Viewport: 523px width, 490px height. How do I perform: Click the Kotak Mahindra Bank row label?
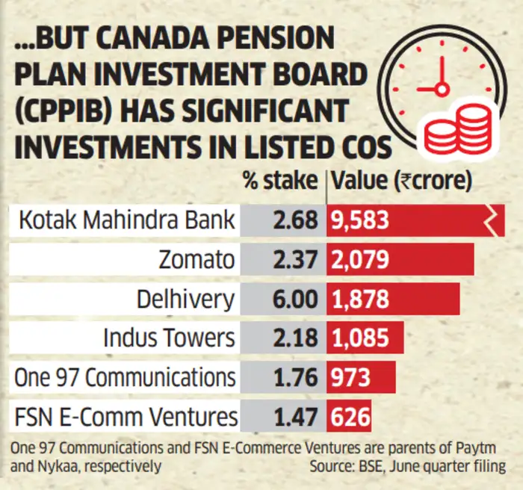(125, 221)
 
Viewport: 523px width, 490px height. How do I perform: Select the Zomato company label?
(197, 260)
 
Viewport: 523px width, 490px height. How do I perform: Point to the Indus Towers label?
(170, 338)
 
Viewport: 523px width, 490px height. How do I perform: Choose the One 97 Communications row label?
(125, 377)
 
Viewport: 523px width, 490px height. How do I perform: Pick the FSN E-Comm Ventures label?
(126, 416)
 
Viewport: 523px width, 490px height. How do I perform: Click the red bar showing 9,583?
(415, 221)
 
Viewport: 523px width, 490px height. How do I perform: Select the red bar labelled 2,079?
(400, 260)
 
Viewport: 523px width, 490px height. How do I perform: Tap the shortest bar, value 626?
(349, 416)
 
